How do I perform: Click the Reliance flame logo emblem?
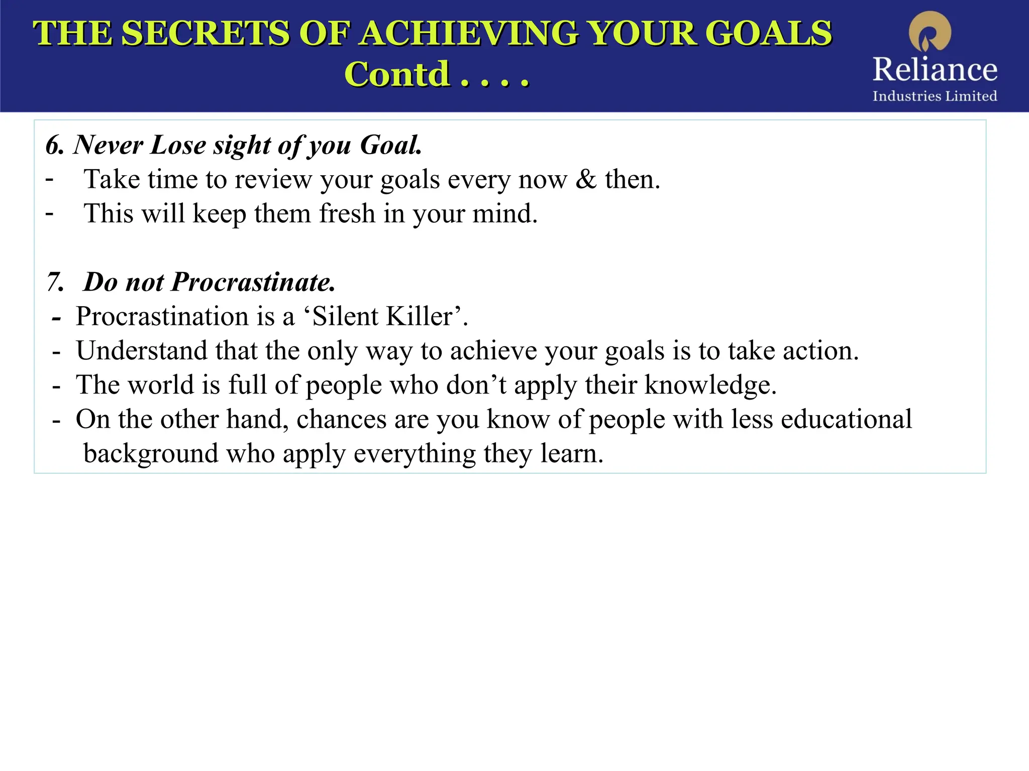click(x=930, y=32)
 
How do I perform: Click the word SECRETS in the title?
click(x=205, y=34)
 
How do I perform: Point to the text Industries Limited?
click(x=935, y=96)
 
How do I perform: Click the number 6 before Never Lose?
click(x=54, y=146)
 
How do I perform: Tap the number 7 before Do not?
click(x=54, y=282)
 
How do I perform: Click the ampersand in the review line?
click(x=586, y=179)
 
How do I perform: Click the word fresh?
click(x=347, y=213)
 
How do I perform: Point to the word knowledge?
click(x=710, y=385)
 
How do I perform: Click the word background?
click(x=151, y=454)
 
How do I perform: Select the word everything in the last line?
click(x=415, y=454)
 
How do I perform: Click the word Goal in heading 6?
click(x=391, y=146)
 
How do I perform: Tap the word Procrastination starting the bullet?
click(x=162, y=317)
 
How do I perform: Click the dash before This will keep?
click(x=49, y=213)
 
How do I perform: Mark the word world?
click(x=161, y=385)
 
